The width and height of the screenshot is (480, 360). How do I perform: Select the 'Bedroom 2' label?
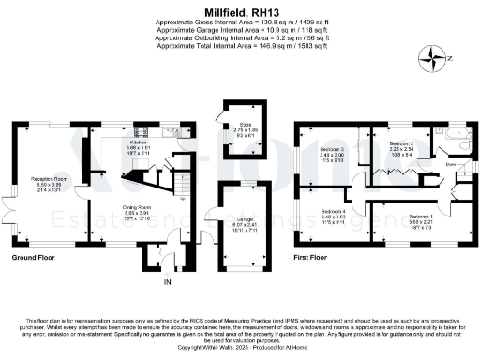[x=402, y=142]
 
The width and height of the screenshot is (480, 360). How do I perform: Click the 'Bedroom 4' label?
[x=334, y=212]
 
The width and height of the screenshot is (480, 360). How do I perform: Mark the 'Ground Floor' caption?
[x=33, y=257]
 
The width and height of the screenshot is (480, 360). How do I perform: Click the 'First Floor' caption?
[x=316, y=257]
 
